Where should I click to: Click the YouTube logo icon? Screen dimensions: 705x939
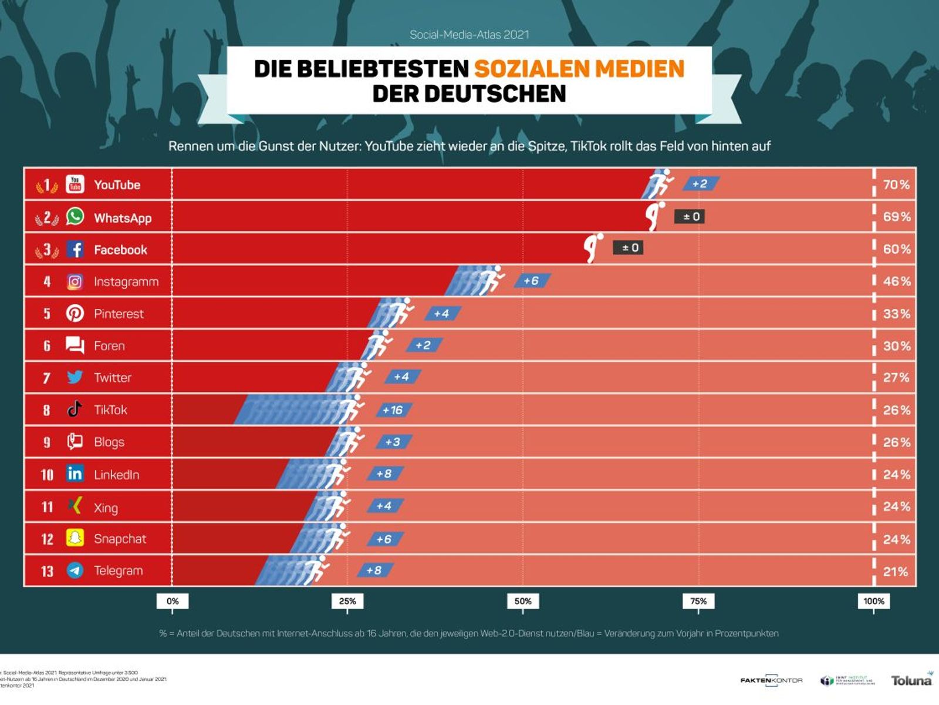pos(75,184)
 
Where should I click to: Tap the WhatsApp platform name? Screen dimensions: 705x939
pos(123,218)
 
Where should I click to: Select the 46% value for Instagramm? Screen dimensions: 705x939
pos(897,281)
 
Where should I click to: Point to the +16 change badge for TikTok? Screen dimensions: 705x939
pos(393,410)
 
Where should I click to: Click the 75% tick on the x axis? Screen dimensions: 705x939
pos(698,601)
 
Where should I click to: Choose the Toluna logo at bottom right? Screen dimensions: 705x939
pos(911,680)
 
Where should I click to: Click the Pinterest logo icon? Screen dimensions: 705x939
pos(75,313)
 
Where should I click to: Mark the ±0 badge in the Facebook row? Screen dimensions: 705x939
pos(629,248)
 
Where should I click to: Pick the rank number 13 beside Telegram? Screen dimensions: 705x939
pos(47,571)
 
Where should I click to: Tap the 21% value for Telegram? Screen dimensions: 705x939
pos(896,571)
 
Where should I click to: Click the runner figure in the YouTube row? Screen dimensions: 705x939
pos(660,184)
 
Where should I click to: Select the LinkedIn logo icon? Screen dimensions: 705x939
pos(75,474)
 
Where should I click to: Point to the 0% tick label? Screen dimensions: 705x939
pos(173,601)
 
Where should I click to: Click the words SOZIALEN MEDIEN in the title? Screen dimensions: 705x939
pos(579,69)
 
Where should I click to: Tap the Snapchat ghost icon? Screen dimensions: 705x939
pos(75,538)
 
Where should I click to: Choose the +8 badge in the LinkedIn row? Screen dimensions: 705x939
pos(384,474)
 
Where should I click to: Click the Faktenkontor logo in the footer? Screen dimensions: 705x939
pos(771,680)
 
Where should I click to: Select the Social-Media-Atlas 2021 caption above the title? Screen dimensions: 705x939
pos(469,35)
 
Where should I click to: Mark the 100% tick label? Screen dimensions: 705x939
pos(873,601)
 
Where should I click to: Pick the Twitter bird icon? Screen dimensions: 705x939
pos(75,377)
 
